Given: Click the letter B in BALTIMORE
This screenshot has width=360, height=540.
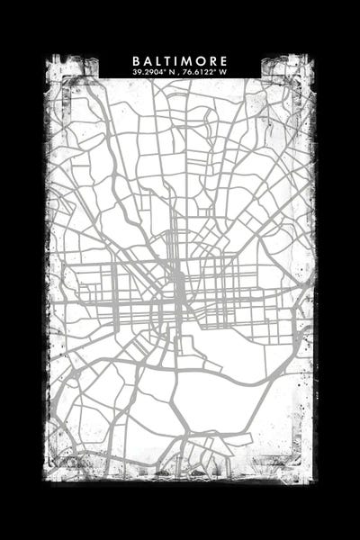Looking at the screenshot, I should (x=135, y=61).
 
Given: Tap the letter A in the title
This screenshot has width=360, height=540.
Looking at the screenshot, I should (x=146, y=61).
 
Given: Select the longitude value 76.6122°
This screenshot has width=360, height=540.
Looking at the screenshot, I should (x=199, y=71).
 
